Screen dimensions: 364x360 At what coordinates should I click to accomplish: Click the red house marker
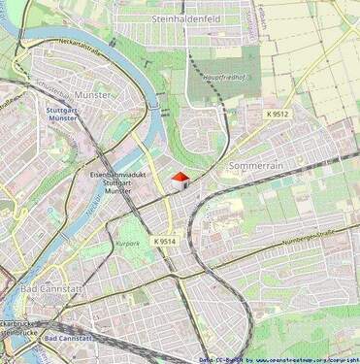click(180, 178)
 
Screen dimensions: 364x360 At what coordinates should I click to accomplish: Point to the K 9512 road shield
click(278, 114)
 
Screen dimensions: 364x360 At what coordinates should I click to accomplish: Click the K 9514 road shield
click(165, 241)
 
